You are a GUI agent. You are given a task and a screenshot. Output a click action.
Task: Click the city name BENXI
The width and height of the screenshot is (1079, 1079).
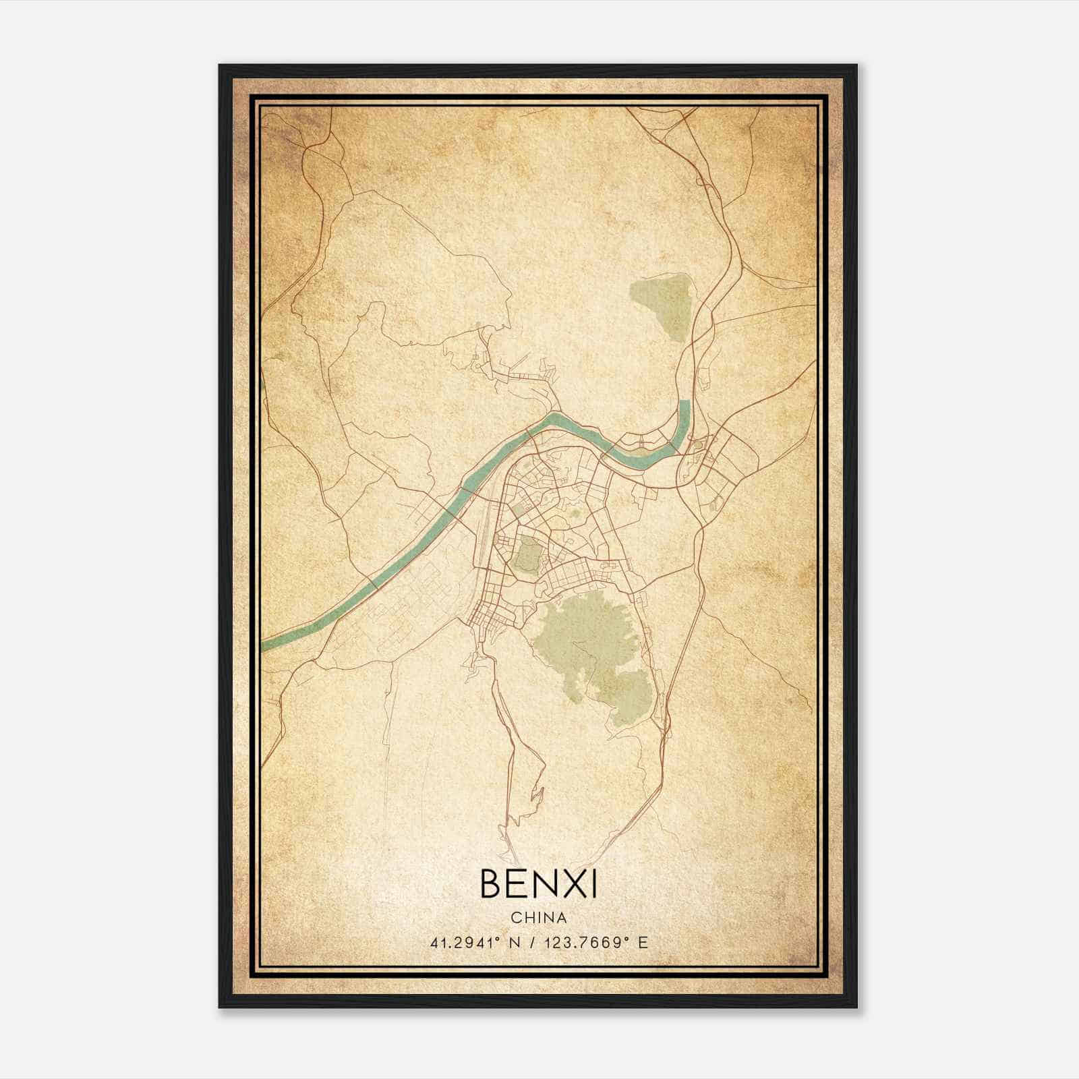[x=538, y=884]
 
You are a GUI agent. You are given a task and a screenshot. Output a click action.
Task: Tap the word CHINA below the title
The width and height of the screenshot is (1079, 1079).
[x=538, y=918]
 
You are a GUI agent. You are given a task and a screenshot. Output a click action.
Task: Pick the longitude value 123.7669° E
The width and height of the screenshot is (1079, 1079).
[x=591, y=943]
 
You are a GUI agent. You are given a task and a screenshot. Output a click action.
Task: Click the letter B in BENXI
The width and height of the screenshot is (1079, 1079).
[x=491, y=884]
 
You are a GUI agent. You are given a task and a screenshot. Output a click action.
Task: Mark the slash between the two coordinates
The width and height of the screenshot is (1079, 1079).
[x=533, y=943]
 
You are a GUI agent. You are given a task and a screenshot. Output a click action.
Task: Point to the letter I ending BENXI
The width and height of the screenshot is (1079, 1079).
[x=593, y=884]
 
